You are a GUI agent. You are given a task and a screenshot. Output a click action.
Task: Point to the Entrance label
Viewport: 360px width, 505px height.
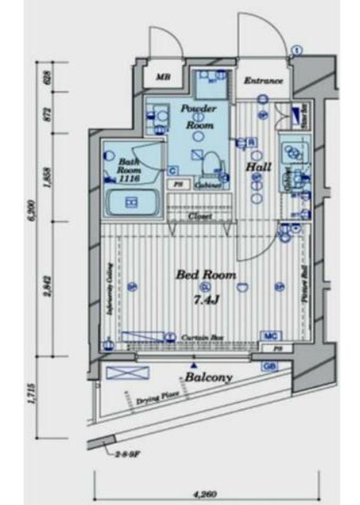263,81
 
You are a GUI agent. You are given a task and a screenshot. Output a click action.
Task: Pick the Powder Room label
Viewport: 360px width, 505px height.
198,116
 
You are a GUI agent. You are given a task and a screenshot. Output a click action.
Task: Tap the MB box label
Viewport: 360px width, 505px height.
163,77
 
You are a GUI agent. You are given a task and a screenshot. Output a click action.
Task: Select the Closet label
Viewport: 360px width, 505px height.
202,216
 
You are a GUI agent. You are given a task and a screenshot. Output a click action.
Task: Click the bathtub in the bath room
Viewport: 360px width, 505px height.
130,203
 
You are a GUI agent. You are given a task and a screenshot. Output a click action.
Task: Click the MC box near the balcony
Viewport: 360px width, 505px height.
269,336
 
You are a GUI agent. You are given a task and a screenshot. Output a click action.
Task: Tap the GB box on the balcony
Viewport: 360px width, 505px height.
270,367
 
